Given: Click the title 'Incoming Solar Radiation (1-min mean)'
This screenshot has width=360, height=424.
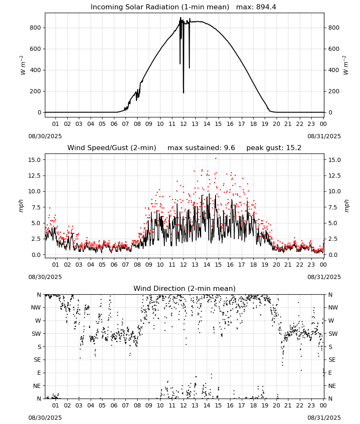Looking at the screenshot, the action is tap(160, 7).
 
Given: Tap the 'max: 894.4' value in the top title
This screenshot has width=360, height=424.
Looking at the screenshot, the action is tap(256, 7).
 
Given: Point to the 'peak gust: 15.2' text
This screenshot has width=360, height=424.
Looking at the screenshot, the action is tap(274, 148).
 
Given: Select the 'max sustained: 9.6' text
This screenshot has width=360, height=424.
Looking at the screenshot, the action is tap(201, 148).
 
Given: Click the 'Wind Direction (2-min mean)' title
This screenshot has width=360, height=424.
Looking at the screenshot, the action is tap(185, 288).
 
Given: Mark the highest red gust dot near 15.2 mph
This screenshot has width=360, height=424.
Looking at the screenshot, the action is tap(216, 159).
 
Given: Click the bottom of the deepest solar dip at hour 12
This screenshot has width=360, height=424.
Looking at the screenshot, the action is tap(184, 93).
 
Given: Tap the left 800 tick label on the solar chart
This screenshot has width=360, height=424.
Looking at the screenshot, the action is tap(36, 28).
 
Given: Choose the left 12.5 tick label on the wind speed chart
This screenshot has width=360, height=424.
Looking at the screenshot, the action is tap(35, 176).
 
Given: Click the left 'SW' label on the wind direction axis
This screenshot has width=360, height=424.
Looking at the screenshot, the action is tap(36, 334).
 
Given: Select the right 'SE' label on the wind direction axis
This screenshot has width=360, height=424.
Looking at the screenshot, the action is tap(332, 360).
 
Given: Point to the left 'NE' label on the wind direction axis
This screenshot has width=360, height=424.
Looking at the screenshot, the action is tap(37, 386).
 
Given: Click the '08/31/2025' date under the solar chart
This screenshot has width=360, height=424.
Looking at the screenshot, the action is tap(324, 136).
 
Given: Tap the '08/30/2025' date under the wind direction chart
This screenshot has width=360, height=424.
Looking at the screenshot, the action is tap(45, 418).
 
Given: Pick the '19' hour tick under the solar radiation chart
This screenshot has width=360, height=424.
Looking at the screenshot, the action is tap(265, 124).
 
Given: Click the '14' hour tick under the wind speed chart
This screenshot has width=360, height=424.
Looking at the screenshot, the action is tap(207, 265).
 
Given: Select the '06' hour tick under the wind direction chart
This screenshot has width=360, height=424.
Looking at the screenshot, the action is tap(114, 405).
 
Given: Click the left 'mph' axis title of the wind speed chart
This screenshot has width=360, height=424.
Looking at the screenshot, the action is tap(21, 206).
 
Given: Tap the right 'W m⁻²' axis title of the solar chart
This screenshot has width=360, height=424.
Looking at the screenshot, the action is tap(346, 65).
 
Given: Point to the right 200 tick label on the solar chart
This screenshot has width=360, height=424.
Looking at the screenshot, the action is tap(334, 91).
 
